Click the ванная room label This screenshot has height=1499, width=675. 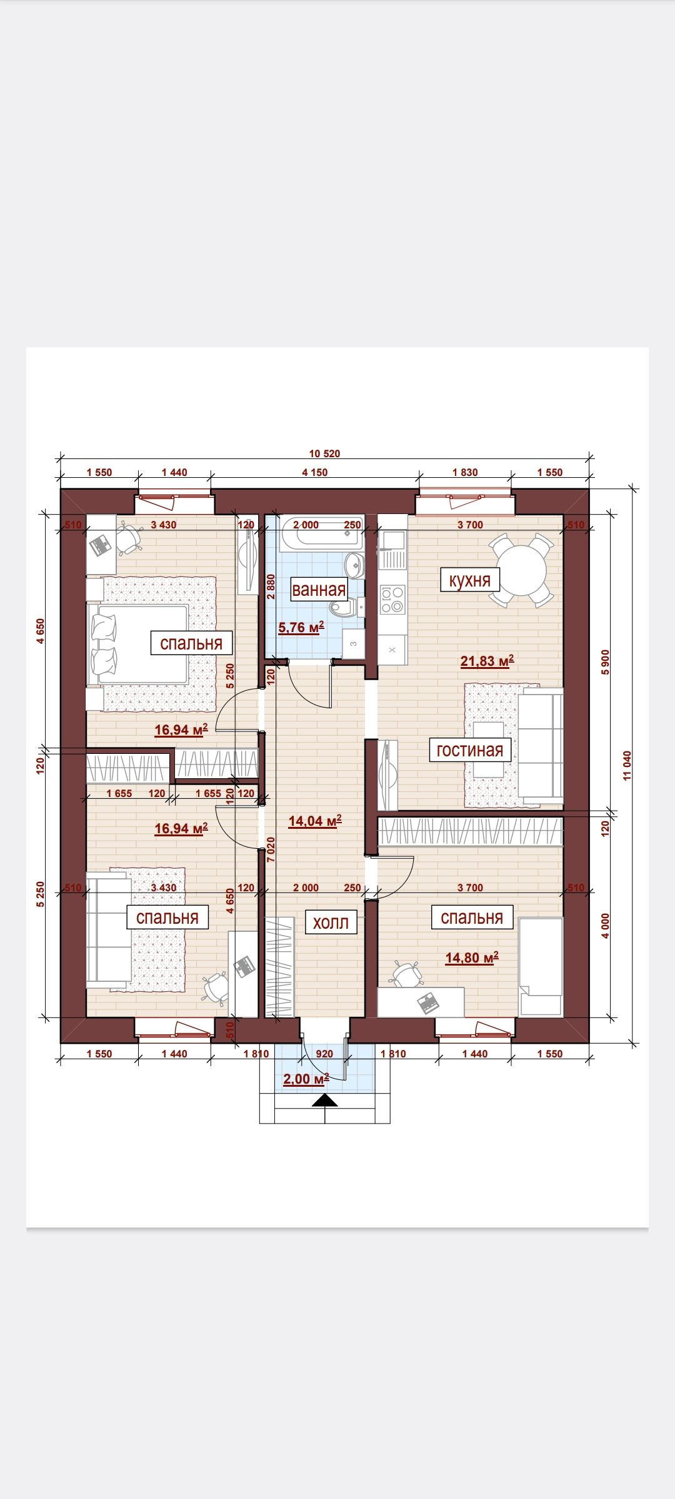click(x=319, y=590)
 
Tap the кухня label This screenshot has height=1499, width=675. click(x=470, y=580)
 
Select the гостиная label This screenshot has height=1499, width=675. click(x=469, y=749)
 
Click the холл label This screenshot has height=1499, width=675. click(x=330, y=923)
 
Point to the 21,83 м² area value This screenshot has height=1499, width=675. click(x=487, y=661)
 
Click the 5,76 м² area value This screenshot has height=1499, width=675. click(x=301, y=627)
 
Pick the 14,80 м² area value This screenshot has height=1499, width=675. click(x=472, y=957)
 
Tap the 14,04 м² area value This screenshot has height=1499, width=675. click(x=315, y=821)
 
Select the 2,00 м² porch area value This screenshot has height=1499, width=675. click(x=306, y=1079)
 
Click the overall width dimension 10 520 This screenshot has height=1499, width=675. click(x=325, y=454)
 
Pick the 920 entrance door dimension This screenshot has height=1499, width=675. click(x=324, y=1054)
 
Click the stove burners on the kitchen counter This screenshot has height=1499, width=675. click(x=392, y=599)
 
